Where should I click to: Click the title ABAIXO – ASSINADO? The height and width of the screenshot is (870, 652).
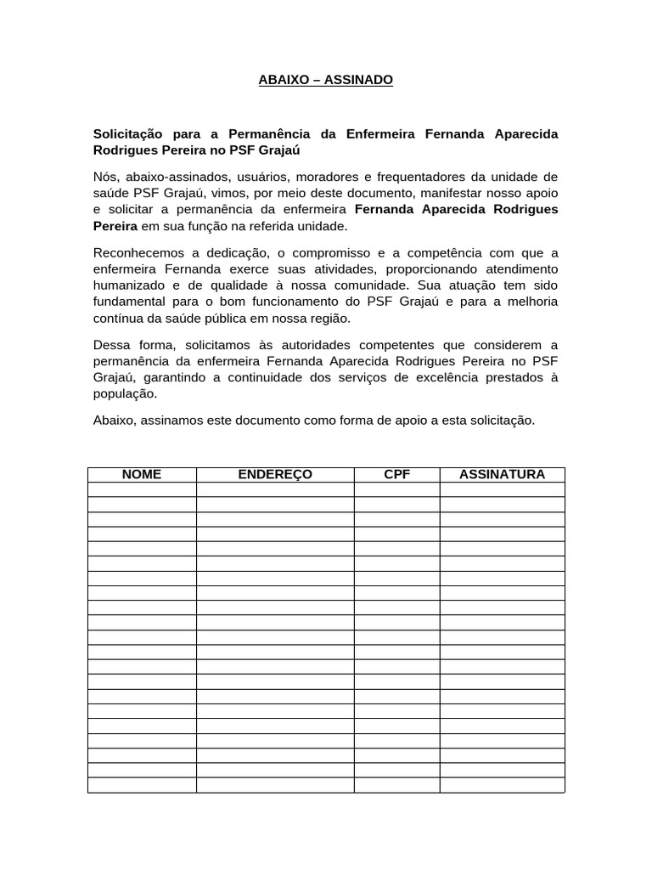tap(326, 80)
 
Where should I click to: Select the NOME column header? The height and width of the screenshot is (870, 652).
tap(142, 475)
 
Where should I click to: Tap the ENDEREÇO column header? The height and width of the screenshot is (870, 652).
tap(275, 475)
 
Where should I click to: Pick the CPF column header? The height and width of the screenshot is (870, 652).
tap(396, 475)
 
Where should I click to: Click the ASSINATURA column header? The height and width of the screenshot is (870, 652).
tap(502, 475)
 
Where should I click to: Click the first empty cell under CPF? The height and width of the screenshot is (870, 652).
tap(396, 489)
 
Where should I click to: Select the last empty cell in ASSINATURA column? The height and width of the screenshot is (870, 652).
tap(502, 784)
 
